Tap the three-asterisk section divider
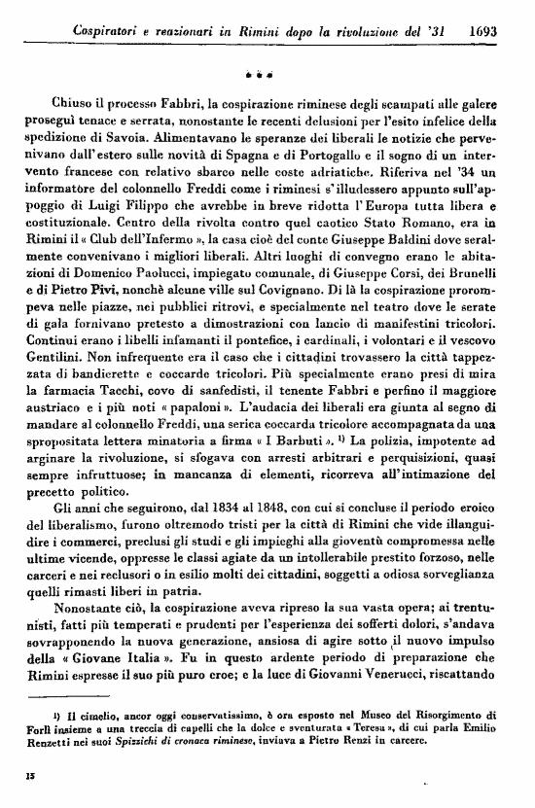pos(267,73)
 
